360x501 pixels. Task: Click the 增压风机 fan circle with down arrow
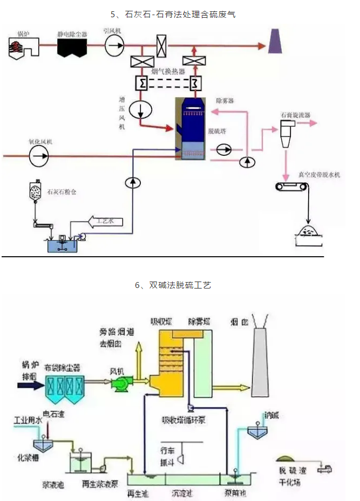coord(140,109)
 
